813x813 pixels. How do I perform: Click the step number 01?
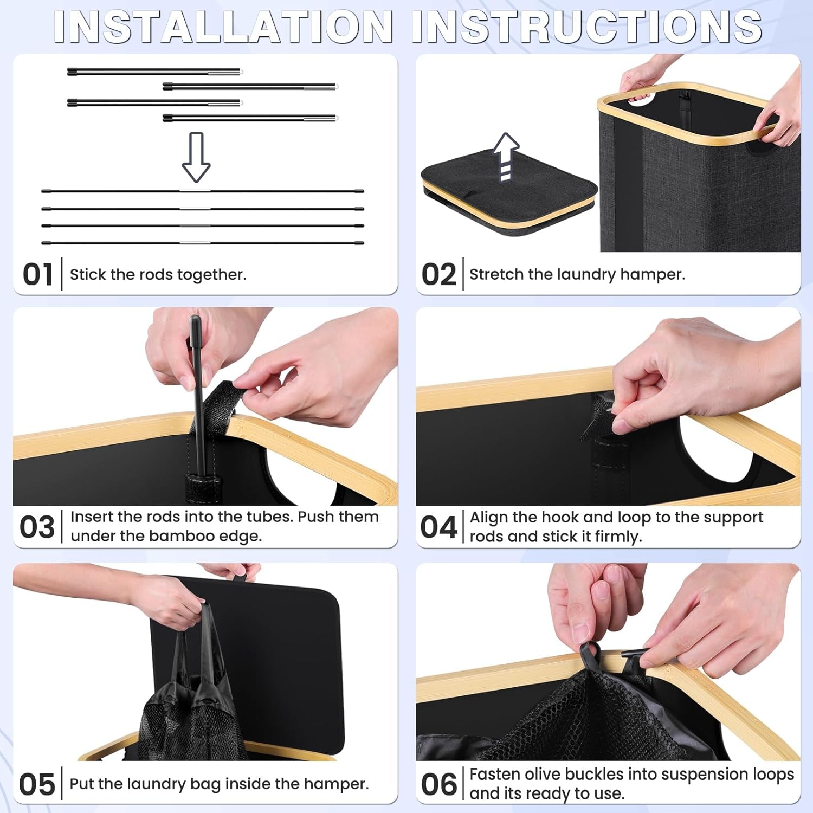click(x=37, y=275)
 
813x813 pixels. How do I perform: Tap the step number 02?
click(x=438, y=275)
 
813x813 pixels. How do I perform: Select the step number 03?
click(x=37, y=527)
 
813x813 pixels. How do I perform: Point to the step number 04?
click(x=438, y=527)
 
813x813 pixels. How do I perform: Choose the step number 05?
click(x=37, y=784)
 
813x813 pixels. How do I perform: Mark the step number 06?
click(x=438, y=784)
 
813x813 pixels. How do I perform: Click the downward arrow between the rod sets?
click(x=196, y=157)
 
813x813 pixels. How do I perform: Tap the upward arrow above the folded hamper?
click(x=506, y=157)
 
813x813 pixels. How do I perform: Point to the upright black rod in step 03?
click(x=198, y=396)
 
